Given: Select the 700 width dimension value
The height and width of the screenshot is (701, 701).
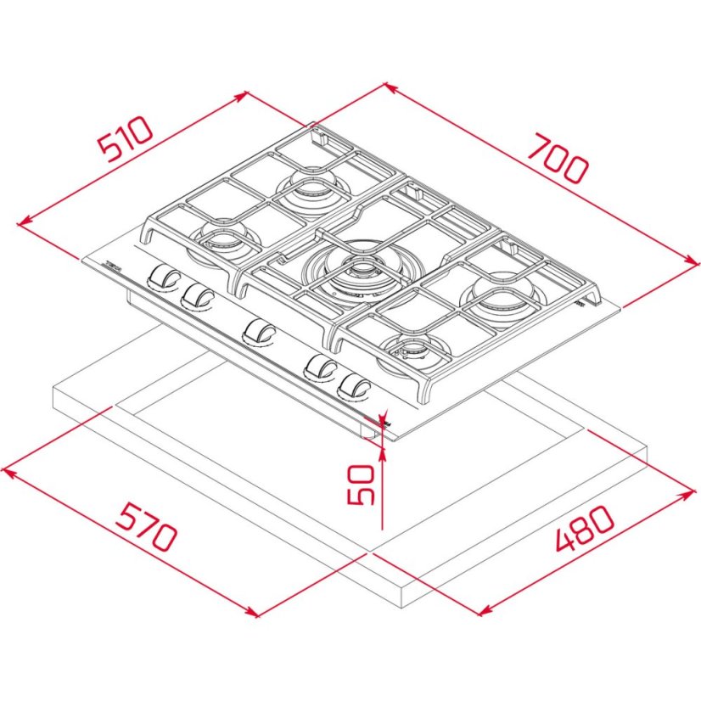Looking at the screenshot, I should (556, 159).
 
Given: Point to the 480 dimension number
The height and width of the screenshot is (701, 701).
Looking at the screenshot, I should (584, 530).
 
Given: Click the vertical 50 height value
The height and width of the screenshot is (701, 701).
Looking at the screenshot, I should (362, 485).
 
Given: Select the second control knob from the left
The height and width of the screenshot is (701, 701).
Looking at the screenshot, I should (199, 294).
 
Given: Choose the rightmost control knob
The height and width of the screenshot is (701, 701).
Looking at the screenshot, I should (353, 387).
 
